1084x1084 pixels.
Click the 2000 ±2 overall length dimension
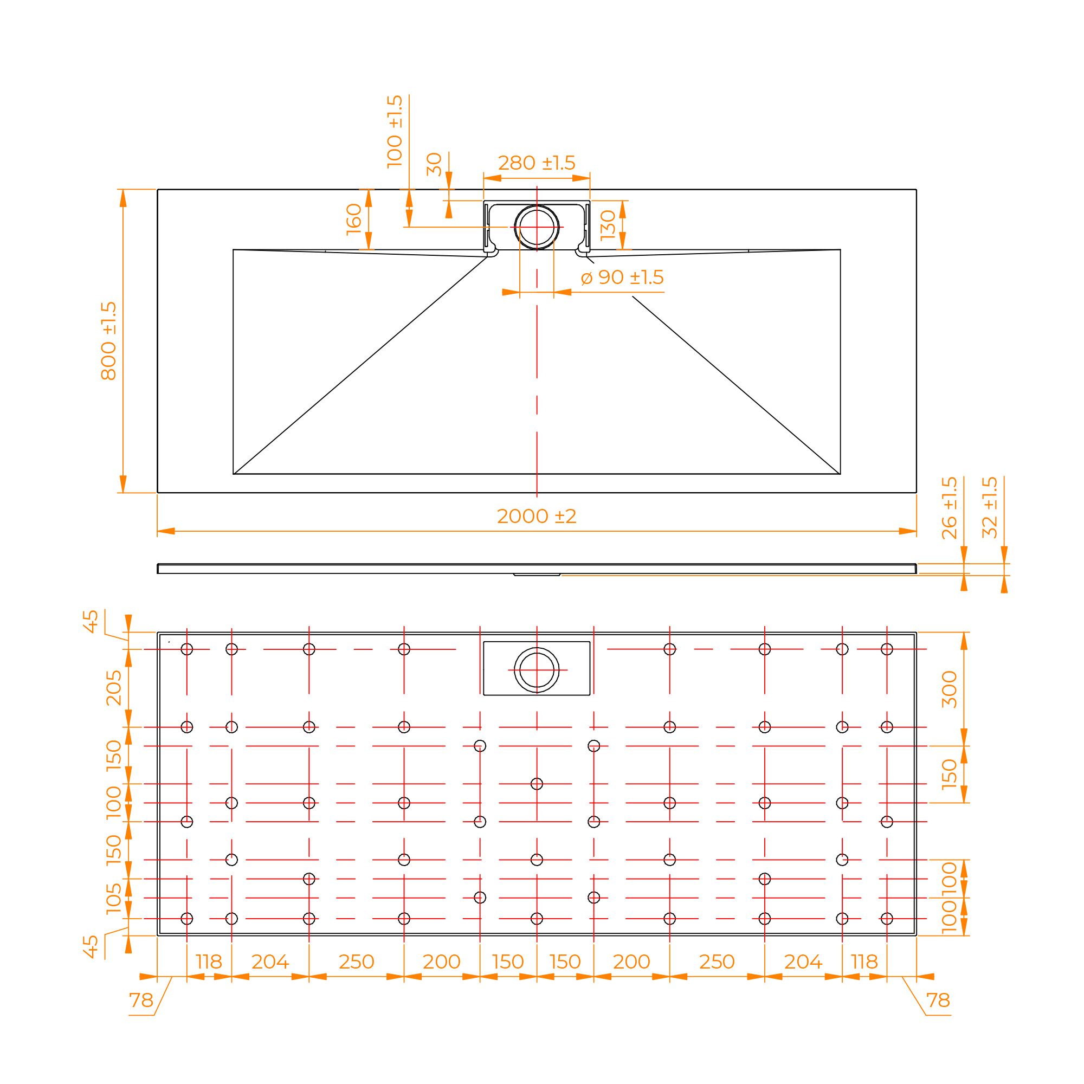537,516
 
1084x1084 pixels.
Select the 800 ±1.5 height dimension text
109,341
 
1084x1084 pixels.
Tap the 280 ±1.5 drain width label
537,163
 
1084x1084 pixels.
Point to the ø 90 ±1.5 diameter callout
622,277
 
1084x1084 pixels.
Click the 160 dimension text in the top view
354,220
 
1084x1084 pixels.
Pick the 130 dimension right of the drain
608,224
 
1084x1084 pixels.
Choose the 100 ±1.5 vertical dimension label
395,131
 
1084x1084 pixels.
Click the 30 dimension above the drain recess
435,164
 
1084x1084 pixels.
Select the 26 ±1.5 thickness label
949,508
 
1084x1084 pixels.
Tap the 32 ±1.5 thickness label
990,508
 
